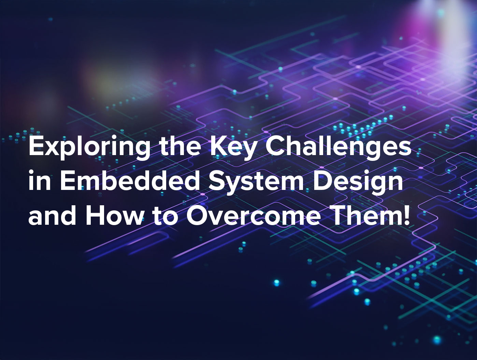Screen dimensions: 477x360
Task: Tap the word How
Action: click(114, 216)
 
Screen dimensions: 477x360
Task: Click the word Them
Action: click(365, 216)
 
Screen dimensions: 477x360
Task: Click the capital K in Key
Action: click(218, 147)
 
